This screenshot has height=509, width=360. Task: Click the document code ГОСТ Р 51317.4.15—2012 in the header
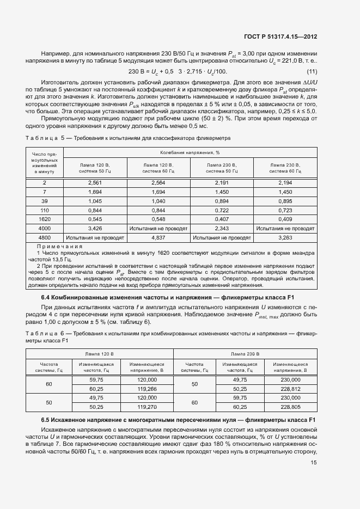point(281,36)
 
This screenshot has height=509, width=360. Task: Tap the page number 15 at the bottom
point(313,463)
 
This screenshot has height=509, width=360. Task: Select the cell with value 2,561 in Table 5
point(95,182)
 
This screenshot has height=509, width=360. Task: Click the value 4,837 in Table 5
point(158,237)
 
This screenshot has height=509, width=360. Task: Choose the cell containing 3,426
point(95,228)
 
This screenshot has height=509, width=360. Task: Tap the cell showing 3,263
point(285,237)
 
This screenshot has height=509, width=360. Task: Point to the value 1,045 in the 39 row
point(95,201)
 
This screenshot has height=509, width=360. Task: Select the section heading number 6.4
point(46,298)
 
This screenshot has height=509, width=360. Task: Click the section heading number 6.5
point(46,420)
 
